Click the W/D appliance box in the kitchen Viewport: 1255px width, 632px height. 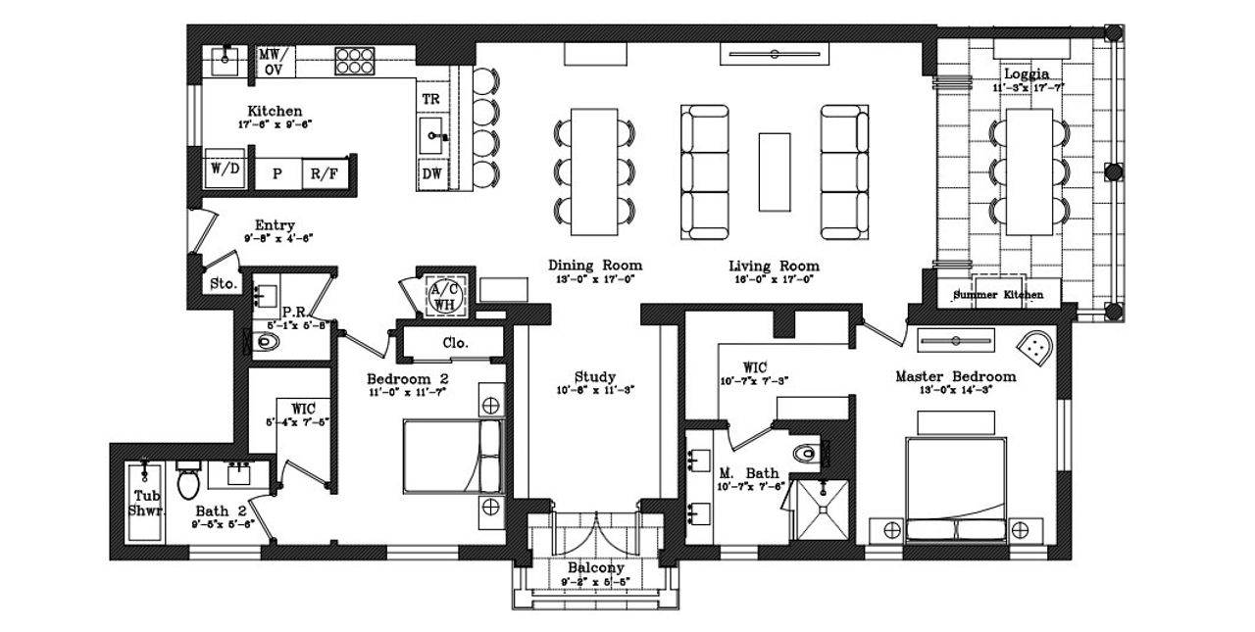pos(224,169)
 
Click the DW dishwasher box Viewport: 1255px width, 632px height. pos(431,174)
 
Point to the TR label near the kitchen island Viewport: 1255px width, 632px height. pos(430,100)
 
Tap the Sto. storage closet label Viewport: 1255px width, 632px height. pos(224,285)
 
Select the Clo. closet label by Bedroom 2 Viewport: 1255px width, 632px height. pos(455,343)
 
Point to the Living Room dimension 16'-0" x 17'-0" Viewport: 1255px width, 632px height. pos(774,280)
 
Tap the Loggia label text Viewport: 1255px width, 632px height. pos(1026,73)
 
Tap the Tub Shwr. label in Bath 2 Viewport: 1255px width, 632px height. pos(148,503)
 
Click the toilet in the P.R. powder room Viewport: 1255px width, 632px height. pos(267,342)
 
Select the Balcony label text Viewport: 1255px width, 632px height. pos(595,568)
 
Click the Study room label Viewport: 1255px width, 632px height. pos(594,377)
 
